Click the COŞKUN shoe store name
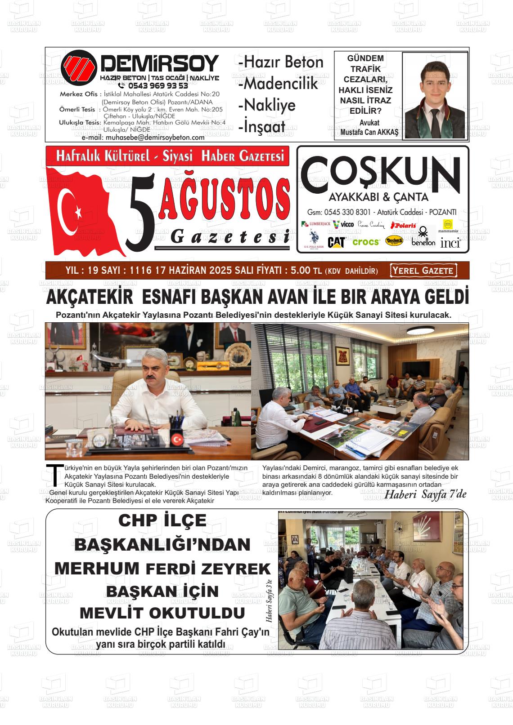tap(380, 173)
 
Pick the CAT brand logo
tap(336, 242)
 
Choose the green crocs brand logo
tap(366, 242)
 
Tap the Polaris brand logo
tap(403, 225)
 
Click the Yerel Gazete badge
tap(423, 271)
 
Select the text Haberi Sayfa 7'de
tap(425, 494)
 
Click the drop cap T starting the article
tap(54, 476)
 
